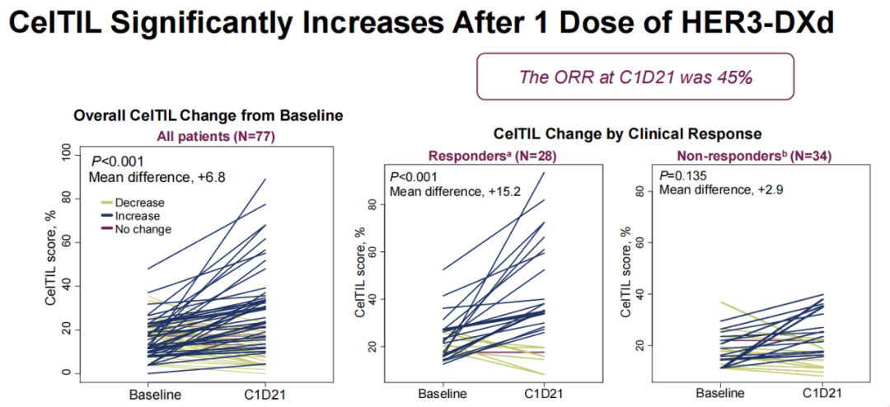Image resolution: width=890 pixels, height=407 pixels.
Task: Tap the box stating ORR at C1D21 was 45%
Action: click(x=635, y=78)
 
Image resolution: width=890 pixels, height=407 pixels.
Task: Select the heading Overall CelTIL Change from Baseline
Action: click(x=208, y=116)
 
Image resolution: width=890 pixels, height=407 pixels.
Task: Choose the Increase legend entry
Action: click(x=138, y=216)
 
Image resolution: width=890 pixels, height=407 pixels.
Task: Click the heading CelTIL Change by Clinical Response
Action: click(x=627, y=133)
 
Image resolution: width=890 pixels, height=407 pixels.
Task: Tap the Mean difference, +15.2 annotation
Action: click(x=454, y=192)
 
